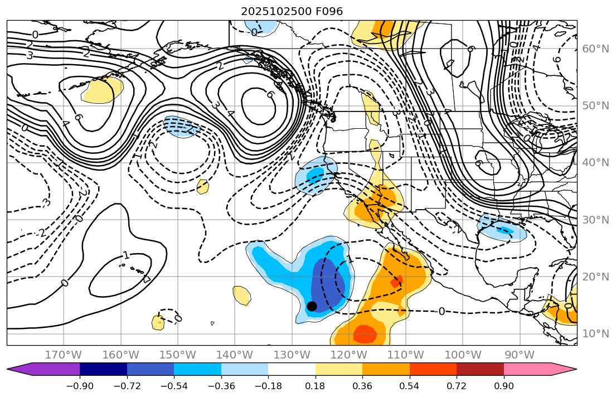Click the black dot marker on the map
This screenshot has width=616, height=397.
[312, 306]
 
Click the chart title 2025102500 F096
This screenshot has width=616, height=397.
[292, 11]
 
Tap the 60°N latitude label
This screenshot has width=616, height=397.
[595, 49]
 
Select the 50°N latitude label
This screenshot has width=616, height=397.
[595, 105]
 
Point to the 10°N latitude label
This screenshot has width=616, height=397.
[595, 333]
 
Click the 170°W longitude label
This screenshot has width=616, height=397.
[64, 355]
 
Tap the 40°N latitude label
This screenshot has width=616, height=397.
[595, 162]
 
